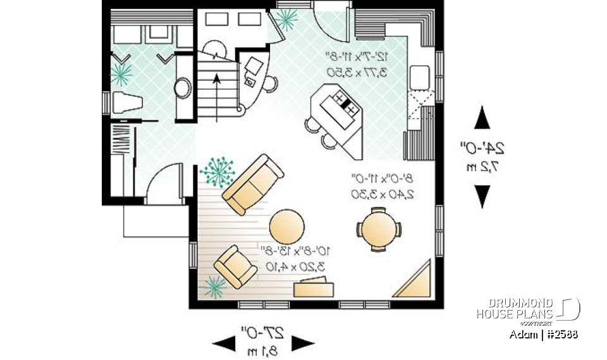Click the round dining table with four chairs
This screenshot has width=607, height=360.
378,227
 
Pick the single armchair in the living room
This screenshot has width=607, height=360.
235,266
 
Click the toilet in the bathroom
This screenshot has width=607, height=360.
126,102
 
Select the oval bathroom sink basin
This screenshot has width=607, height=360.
183,87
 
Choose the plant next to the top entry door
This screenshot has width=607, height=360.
286,19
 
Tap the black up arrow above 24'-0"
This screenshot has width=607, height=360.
482,119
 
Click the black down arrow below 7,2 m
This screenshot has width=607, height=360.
482,196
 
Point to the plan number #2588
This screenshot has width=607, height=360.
561,333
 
